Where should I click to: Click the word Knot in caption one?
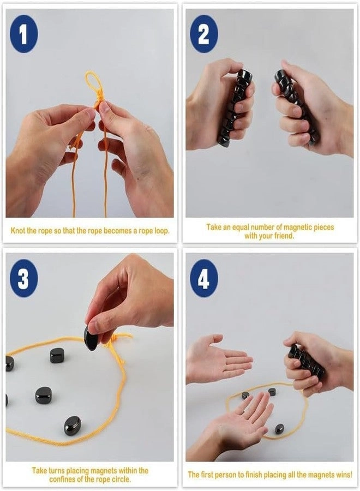pyautogui.click(x=19, y=231)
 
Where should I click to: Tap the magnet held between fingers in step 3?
pyautogui.click(x=92, y=338)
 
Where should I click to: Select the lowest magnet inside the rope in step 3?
pyautogui.click(x=72, y=425)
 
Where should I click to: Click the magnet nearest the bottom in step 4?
pyautogui.click(x=279, y=429)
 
